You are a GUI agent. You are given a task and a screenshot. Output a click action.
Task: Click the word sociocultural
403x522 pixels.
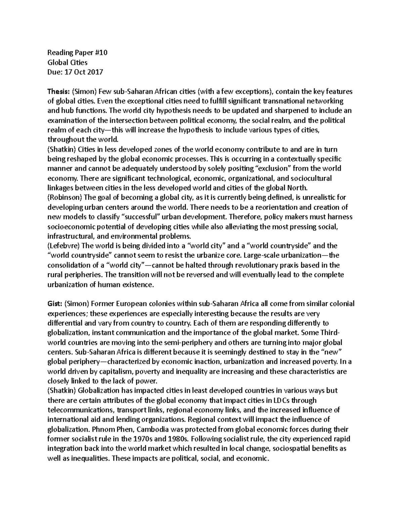(312, 178)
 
